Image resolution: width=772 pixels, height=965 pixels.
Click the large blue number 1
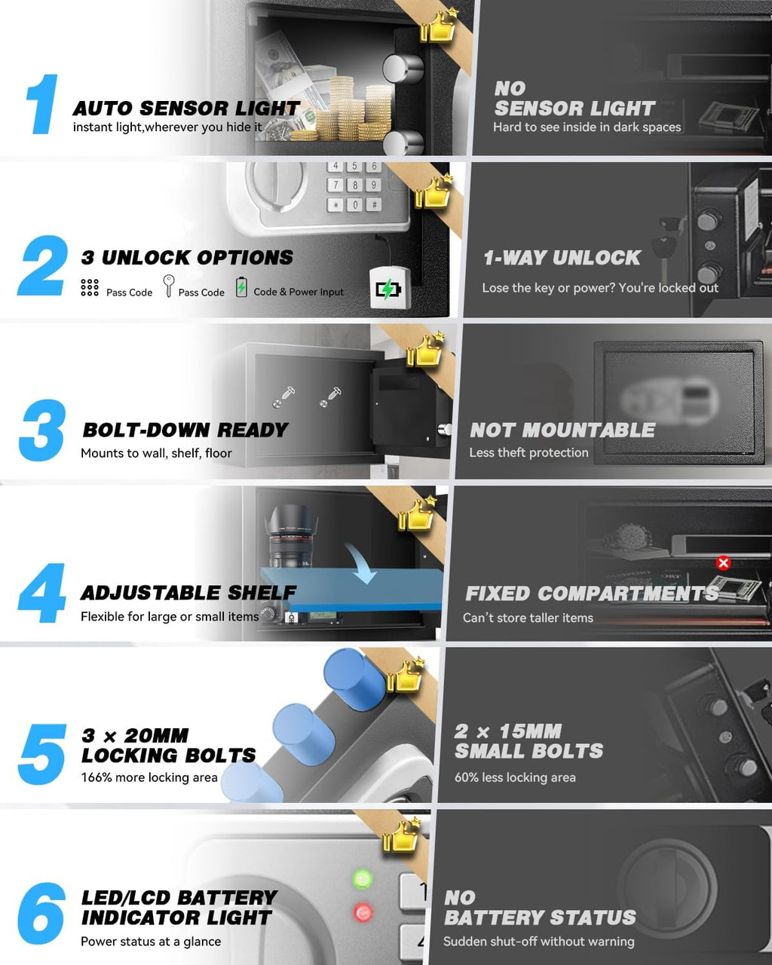tap(43, 104)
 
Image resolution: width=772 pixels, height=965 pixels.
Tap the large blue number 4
tap(42, 593)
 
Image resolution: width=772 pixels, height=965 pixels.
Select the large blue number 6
tap(41, 913)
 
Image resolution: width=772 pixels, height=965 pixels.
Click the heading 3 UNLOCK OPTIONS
tap(187, 258)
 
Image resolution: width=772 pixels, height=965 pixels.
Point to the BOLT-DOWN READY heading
tap(185, 430)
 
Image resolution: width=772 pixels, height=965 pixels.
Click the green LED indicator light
tap(363, 879)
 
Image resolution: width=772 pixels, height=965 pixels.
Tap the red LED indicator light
tap(363, 913)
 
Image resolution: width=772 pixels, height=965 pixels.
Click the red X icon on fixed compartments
tap(723, 562)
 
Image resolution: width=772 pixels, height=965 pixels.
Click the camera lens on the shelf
tap(292, 537)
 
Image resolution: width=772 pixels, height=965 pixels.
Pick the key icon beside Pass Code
tap(168, 286)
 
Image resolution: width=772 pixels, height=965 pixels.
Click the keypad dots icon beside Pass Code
tap(90, 287)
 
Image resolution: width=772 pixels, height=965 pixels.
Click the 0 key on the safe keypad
tap(354, 204)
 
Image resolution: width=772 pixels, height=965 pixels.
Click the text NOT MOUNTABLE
tap(562, 430)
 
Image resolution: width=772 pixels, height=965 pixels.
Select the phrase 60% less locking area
tap(515, 777)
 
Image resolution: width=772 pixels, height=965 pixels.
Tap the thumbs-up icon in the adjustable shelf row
tap(418, 515)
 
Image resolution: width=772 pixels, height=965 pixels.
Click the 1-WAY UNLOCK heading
tap(562, 258)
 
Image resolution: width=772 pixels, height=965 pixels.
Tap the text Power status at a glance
tap(151, 942)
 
